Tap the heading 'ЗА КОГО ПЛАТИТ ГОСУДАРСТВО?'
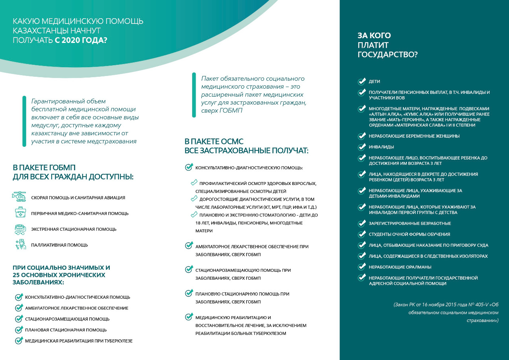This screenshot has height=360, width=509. point(388,45)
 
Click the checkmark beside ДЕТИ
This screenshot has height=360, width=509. point(361,82)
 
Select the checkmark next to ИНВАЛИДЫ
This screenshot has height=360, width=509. point(361,147)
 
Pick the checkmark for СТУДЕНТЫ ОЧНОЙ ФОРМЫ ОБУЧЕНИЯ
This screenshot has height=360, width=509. point(361,234)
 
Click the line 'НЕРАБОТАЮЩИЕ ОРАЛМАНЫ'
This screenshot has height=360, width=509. point(400,267)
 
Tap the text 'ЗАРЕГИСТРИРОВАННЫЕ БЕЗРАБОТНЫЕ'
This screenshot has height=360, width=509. point(410,223)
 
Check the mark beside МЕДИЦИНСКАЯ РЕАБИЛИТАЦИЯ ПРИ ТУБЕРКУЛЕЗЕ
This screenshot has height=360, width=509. point(19,341)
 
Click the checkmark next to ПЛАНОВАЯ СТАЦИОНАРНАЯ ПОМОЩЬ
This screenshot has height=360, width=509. point(19,330)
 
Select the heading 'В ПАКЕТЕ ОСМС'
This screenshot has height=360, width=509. point(214,142)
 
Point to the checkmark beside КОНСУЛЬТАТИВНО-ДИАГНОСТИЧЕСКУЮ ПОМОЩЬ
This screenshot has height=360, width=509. point(189,167)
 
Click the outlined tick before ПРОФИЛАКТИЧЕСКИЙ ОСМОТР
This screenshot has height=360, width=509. point(194,183)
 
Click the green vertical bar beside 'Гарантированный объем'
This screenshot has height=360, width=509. point(24,121)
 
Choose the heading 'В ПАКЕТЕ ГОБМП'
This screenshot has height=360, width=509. point(44,167)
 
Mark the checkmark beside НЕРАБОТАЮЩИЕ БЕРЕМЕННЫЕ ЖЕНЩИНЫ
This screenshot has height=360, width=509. point(361,136)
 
